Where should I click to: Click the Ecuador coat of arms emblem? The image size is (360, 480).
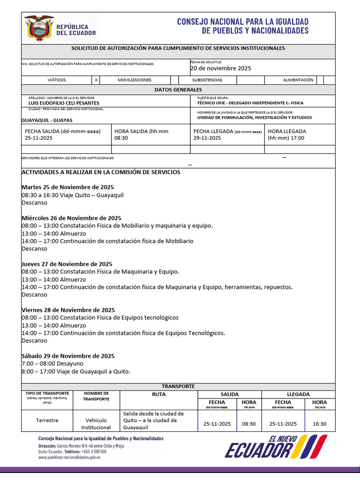[39, 27]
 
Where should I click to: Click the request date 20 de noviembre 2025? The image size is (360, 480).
[220, 68]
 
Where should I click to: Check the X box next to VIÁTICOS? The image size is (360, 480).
[96, 80]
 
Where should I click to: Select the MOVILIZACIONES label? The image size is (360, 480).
[135, 80]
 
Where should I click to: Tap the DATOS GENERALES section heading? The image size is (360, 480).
[178, 90]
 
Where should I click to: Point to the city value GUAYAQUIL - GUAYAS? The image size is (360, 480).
[44, 120]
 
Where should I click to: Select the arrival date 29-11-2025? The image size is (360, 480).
[207, 138]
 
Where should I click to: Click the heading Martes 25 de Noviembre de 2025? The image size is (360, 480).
[67, 187]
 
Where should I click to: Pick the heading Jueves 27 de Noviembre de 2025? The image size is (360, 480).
[67, 264]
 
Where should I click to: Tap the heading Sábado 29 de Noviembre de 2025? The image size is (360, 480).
[68, 356]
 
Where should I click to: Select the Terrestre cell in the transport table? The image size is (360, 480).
[47, 420]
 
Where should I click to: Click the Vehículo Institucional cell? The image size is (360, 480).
[96, 424]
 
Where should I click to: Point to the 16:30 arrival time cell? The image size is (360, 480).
[319, 424]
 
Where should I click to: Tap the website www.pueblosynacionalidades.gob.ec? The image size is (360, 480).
[69, 457]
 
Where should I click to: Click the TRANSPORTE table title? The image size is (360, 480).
[178, 386]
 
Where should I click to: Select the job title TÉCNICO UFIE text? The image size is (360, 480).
[250, 103]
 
